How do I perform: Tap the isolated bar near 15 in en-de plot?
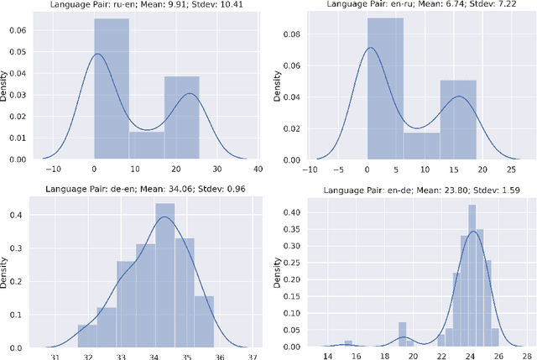[x=348, y=344]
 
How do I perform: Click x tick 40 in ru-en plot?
[x=257, y=169]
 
